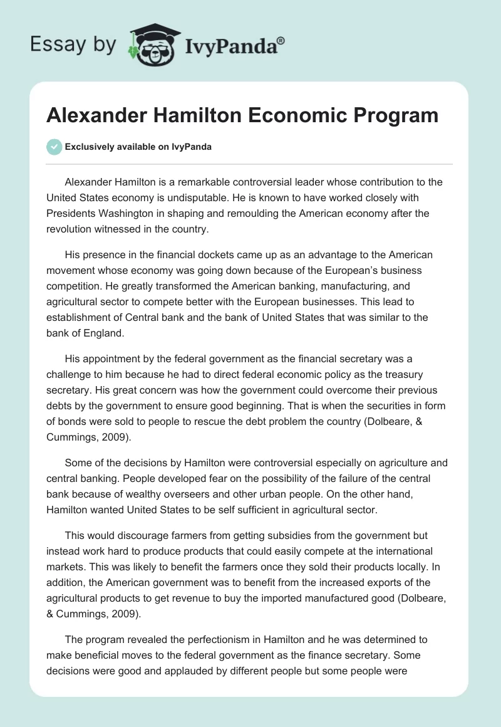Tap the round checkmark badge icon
tap(54, 147)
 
